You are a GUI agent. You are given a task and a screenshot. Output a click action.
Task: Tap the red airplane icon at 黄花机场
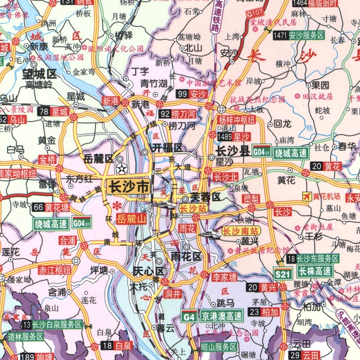[x=307, y=196]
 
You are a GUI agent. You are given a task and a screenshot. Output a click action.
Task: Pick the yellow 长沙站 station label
[x=193, y=208]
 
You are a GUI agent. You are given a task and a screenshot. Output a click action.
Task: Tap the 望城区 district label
[x=40, y=73]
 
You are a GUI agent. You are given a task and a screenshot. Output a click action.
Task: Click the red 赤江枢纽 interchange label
[x=55, y=270]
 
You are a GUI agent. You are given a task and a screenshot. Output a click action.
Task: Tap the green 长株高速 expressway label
[x=315, y=272]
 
